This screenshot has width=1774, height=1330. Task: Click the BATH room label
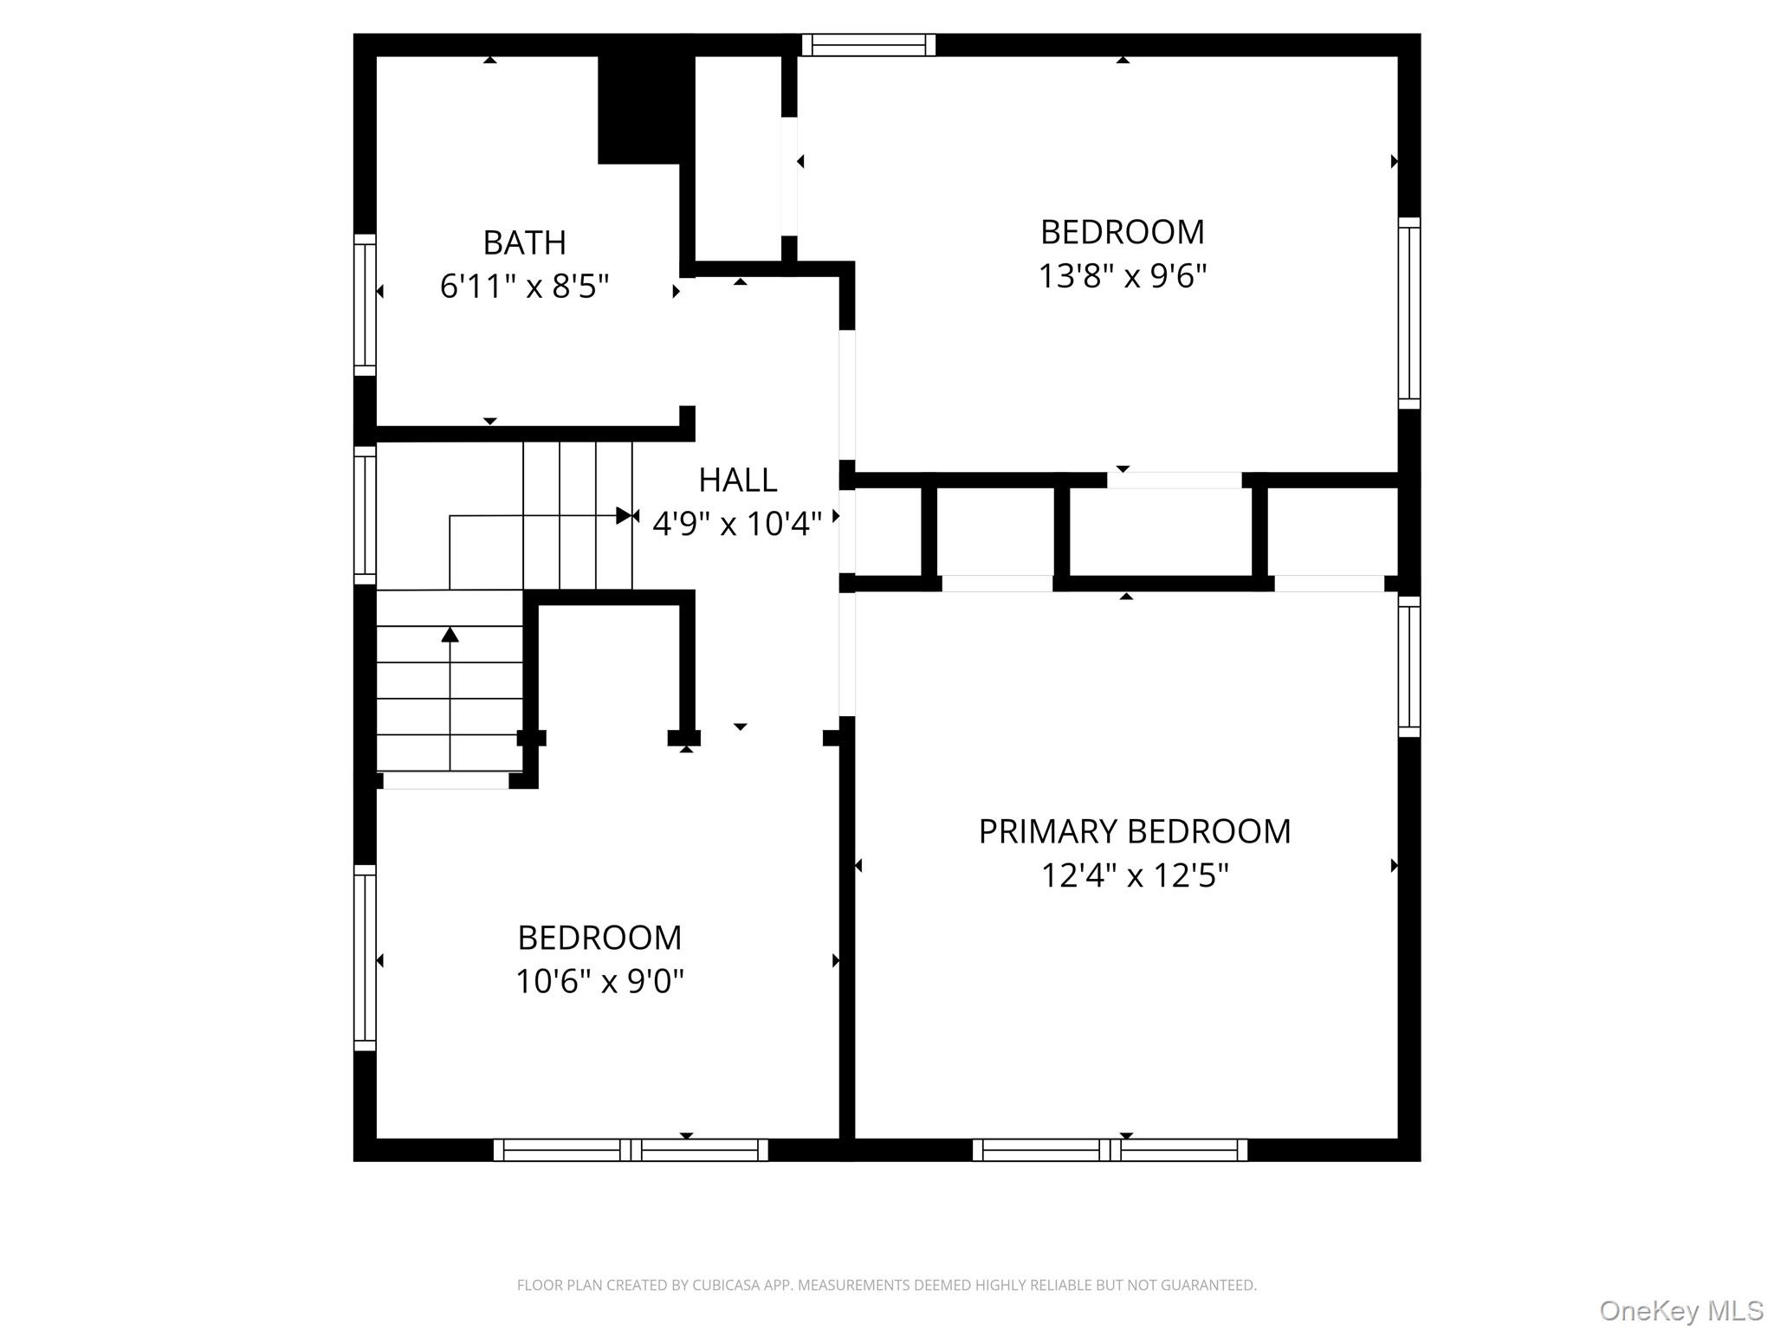pyautogui.click(x=524, y=242)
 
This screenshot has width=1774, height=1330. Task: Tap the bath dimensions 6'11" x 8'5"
pyautogui.click(x=524, y=286)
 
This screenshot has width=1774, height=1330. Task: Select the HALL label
pyautogui.click(x=737, y=480)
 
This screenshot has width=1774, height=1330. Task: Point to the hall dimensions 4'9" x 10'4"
pyautogui.click(x=737, y=524)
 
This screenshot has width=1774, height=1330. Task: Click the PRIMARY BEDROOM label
pyautogui.click(x=1135, y=831)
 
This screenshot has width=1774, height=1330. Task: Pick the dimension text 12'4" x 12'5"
pyautogui.click(x=1135, y=875)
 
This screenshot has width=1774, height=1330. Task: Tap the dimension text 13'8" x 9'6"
pyautogui.click(x=1123, y=276)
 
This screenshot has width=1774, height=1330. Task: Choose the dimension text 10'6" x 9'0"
pyautogui.click(x=599, y=982)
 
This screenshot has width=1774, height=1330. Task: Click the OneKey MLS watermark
pyautogui.click(x=1681, y=1311)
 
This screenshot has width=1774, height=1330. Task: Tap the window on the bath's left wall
pyautogui.click(x=365, y=305)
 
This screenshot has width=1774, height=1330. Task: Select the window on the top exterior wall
pyautogui.click(x=869, y=45)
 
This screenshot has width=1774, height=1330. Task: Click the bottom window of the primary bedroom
pyautogui.click(x=1110, y=1150)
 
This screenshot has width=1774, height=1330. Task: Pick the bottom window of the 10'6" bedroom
pyautogui.click(x=631, y=1150)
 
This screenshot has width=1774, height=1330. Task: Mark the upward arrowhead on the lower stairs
pyautogui.click(x=450, y=635)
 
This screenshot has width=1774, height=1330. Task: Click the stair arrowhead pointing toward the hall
pyautogui.click(x=625, y=516)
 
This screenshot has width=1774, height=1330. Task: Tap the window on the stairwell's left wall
pyautogui.click(x=365, y=515)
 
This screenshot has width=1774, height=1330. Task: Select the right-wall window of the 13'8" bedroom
pyautogui.click(x=1409, y=313)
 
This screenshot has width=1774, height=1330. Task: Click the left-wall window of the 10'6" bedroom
pyautogui.click(x=365, y=958)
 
